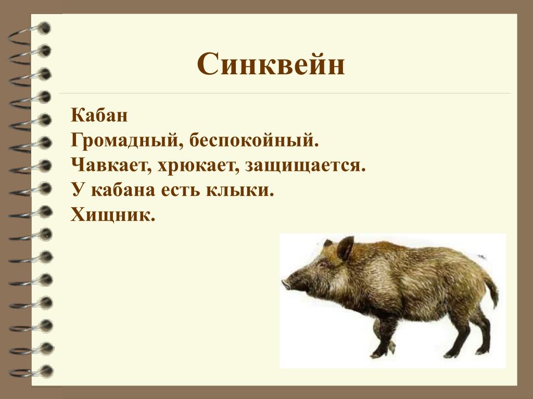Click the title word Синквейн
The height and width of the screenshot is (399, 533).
(271, 64)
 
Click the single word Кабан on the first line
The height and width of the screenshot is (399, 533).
(99, 115)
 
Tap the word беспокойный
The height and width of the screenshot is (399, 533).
(254, 140)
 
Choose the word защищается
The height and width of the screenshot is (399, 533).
(305, 166)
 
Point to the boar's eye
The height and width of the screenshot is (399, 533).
(322, 263)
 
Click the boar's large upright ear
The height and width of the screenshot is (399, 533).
(346, 248)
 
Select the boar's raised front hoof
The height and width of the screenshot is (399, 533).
(391, 346)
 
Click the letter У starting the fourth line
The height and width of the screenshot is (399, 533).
(78, 190)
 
